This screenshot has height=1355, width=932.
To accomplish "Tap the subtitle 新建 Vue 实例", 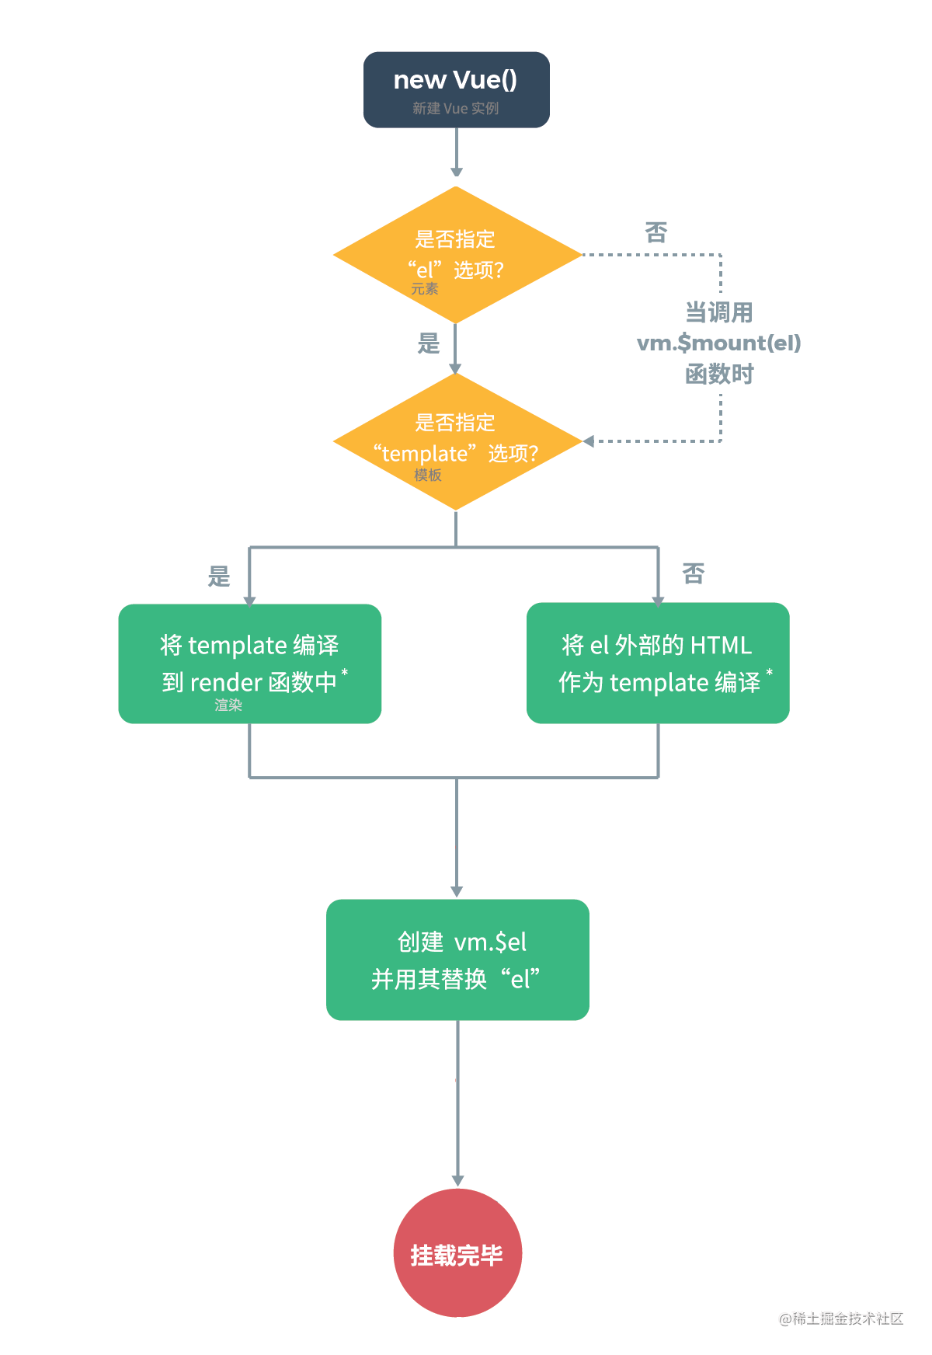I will pyautogui.click(x=456, y=109).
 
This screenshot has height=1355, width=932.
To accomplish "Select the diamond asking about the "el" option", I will pyautogui.click(x=456, y=254).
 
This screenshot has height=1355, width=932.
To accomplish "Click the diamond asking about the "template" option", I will pyautogui.click(x=456, y=441).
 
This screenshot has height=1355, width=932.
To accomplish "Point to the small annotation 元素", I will pyautogui.click(x=425, y=289).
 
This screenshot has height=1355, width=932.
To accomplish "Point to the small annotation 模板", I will pyautogui.click(x=428, y=475).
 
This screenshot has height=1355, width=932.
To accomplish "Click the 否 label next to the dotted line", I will pyautogui.click(x=656, y=232).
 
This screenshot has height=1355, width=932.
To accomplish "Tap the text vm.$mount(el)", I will pyautogui.click(x=718, y=343).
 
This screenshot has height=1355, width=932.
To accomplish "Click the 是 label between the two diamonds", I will pyautogui.click(x=429, y=343).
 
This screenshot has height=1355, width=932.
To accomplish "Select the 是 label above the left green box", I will pyautogui.click(x=219, y=576).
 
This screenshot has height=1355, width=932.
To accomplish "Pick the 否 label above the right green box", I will pyautogui.click(x=694, y=574).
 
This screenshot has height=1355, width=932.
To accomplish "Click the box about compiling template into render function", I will pyautogui.click(x=249, y=663).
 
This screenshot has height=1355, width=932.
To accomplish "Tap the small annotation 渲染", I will pyautogui.click(x=228, y=705).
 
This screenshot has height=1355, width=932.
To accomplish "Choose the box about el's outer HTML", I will pyautogui.click(x=658, y=663).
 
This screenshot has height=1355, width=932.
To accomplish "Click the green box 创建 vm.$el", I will pyautogui.click(x=457, y=960).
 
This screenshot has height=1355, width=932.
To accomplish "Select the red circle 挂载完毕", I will pyautogui.click(x=457, y=1252).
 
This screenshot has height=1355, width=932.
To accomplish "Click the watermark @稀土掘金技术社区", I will pyautogui.click(x=841, y=1318).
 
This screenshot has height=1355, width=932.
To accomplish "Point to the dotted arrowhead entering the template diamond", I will pyautogui.click(x=589, y=441).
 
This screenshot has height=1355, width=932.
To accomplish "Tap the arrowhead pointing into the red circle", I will pyautogui.click(x=457, y=1180).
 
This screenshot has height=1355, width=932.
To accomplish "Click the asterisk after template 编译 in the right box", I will pyautogui.click(x=770, y=672).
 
